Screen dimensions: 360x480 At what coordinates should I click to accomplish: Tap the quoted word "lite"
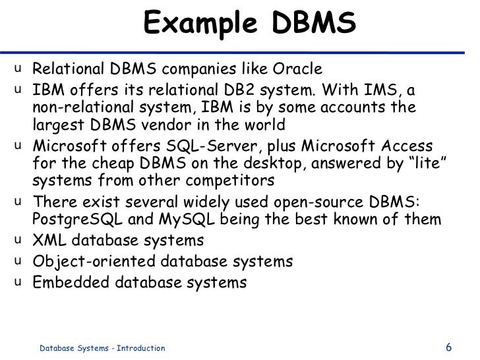click(430, 163)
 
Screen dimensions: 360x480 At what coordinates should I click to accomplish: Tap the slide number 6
click(449, 347)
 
